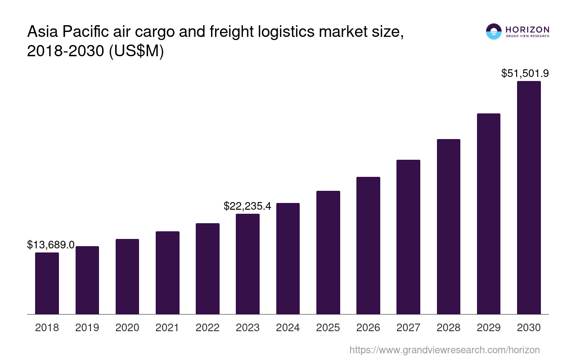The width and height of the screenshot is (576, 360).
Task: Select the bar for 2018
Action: tap(47, 283)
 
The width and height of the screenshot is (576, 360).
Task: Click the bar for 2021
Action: tap(167, 273)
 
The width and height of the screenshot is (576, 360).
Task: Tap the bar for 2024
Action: tap(288, 258)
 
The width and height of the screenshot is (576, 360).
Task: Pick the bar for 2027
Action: tap(408, 237)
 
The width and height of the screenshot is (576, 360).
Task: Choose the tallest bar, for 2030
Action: tap(529, 198)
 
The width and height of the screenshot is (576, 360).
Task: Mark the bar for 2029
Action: tap(488, 214)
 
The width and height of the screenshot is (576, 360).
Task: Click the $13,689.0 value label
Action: tap(51, 245)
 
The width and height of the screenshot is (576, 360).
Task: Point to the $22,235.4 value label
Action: tap(247, 206)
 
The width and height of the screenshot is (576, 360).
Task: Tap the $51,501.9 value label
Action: tap(525, 73)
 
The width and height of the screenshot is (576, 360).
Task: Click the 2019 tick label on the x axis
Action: tap(87, 328)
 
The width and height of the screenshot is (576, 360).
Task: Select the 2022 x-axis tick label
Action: tap(207, 328)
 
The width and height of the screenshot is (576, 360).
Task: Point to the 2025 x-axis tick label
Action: tap(328, 328)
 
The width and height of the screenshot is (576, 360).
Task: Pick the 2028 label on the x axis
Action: tap(448, 328)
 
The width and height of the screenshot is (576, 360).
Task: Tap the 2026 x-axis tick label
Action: tap(368, 328)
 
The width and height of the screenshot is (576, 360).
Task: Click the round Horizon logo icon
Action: tap(494, 31)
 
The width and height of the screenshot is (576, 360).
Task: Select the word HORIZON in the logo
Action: tap(527, 30)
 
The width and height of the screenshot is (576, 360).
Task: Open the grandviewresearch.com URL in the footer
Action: tap(444, 350)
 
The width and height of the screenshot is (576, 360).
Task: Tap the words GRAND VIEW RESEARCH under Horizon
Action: tap(527, 36)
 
